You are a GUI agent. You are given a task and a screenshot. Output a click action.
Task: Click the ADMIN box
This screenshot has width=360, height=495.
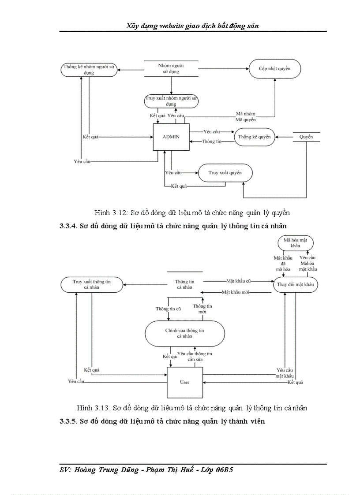point(171,137)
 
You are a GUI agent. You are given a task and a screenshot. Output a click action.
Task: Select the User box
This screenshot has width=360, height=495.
point(184,382)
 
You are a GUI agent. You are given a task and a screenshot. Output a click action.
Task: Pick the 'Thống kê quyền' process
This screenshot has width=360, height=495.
point(254,137)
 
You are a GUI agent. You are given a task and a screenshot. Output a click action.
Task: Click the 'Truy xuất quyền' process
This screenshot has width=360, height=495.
point(225,173)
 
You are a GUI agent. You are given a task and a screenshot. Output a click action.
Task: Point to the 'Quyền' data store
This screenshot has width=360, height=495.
point(306,137)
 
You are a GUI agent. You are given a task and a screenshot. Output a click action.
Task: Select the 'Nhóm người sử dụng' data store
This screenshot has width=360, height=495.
point(171,68)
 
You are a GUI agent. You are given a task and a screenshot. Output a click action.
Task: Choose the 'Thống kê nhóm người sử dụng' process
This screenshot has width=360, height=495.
point(89,70)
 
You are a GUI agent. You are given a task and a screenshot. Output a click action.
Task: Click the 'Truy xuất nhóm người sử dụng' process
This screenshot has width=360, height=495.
point(171,101)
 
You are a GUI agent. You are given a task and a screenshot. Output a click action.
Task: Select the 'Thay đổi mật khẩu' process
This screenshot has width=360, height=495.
point(296,284)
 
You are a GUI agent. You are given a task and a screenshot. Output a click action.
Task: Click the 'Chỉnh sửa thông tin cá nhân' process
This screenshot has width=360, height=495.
point(184,333)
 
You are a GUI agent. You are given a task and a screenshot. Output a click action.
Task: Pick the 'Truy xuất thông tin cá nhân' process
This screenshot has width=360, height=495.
point(92,284)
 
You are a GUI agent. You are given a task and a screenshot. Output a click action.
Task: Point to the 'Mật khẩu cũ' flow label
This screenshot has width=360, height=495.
point(238,280)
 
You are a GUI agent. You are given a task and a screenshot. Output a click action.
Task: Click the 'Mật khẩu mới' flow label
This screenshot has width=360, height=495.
point(236,292)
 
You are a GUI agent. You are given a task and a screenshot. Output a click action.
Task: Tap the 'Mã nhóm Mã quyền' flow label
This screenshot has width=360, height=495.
point(245,117)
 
